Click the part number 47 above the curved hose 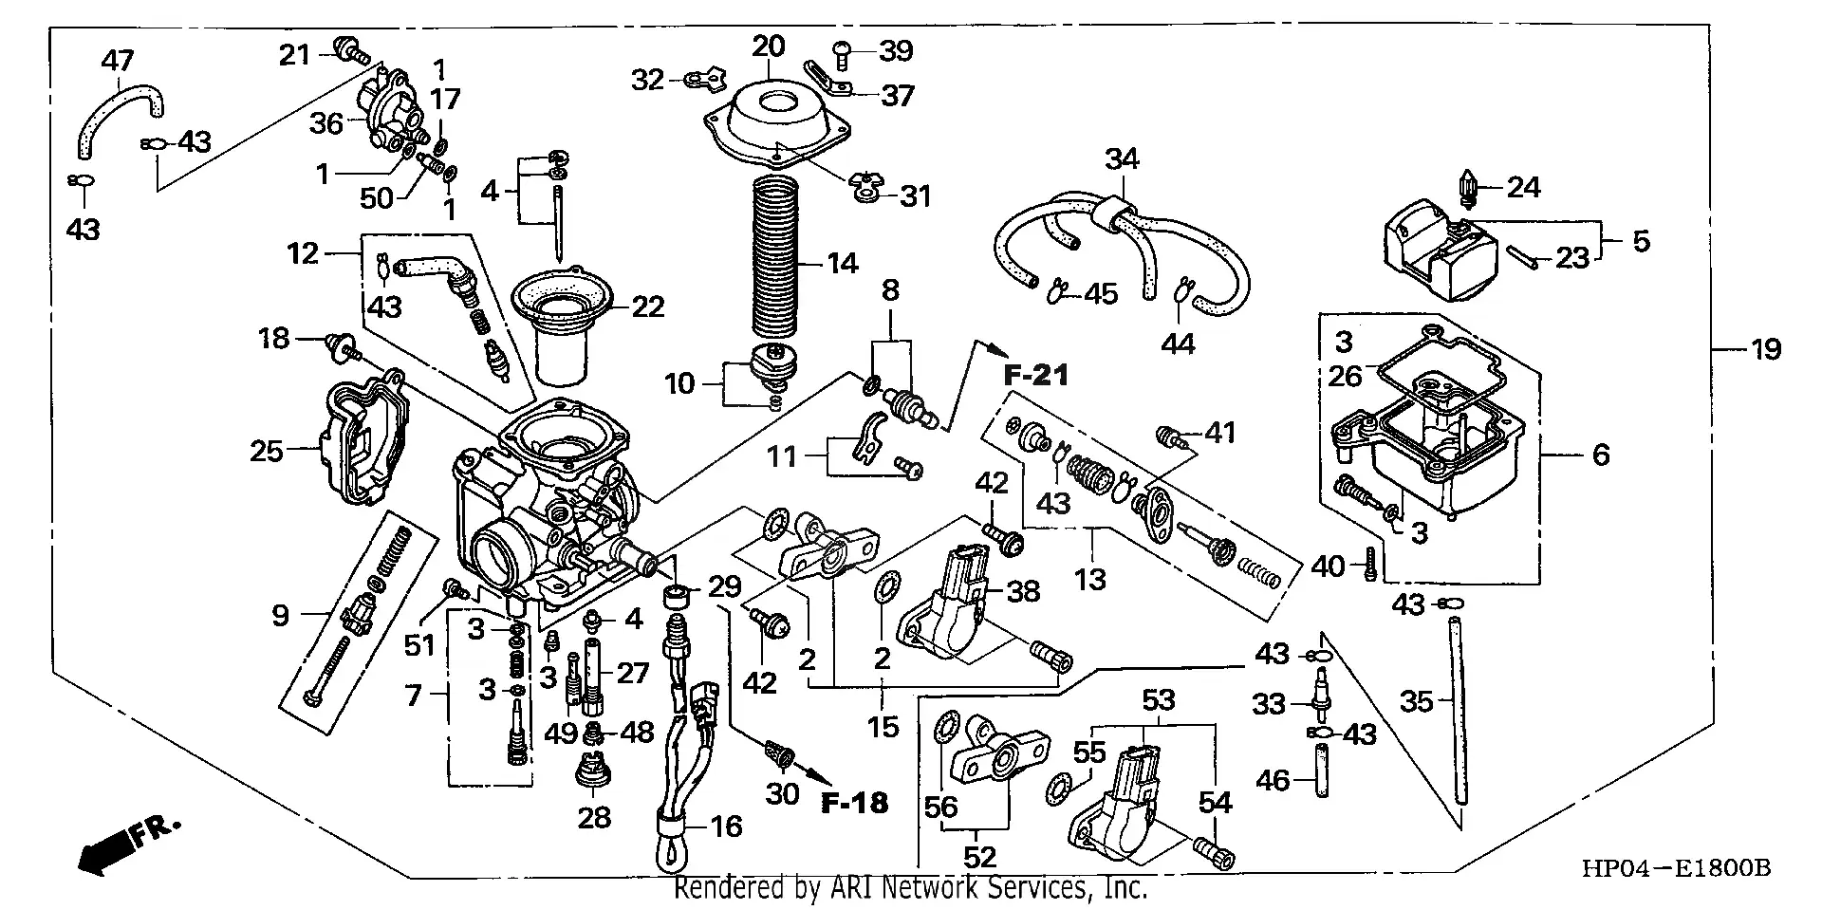(118, 62)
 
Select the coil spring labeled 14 (784, 256)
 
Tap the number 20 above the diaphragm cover (770, 46)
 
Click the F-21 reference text (1036, 376)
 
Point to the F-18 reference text (854, 804)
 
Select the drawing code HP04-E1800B (1675, 868)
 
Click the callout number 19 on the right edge (1766, 350)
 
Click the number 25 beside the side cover (267, 451)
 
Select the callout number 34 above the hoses (1122, 158)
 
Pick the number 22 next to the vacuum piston (648, 306)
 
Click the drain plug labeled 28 (594, 771)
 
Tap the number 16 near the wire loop (726, 826)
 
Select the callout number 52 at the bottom (979, 857)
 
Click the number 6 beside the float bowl (1601, 455)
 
